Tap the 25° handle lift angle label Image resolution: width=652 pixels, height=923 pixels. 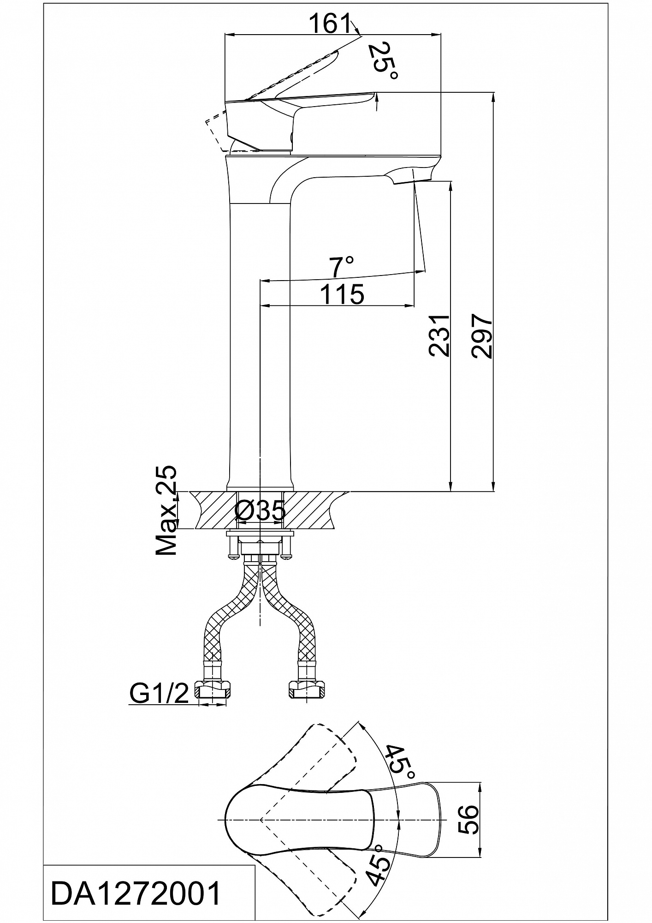382,61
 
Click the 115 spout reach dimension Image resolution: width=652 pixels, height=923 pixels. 342,294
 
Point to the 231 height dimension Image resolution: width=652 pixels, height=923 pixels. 439,336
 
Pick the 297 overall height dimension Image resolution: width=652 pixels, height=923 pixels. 482,336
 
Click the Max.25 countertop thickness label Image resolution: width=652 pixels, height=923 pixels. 166,511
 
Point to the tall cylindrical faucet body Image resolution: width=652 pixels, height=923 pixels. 260,346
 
